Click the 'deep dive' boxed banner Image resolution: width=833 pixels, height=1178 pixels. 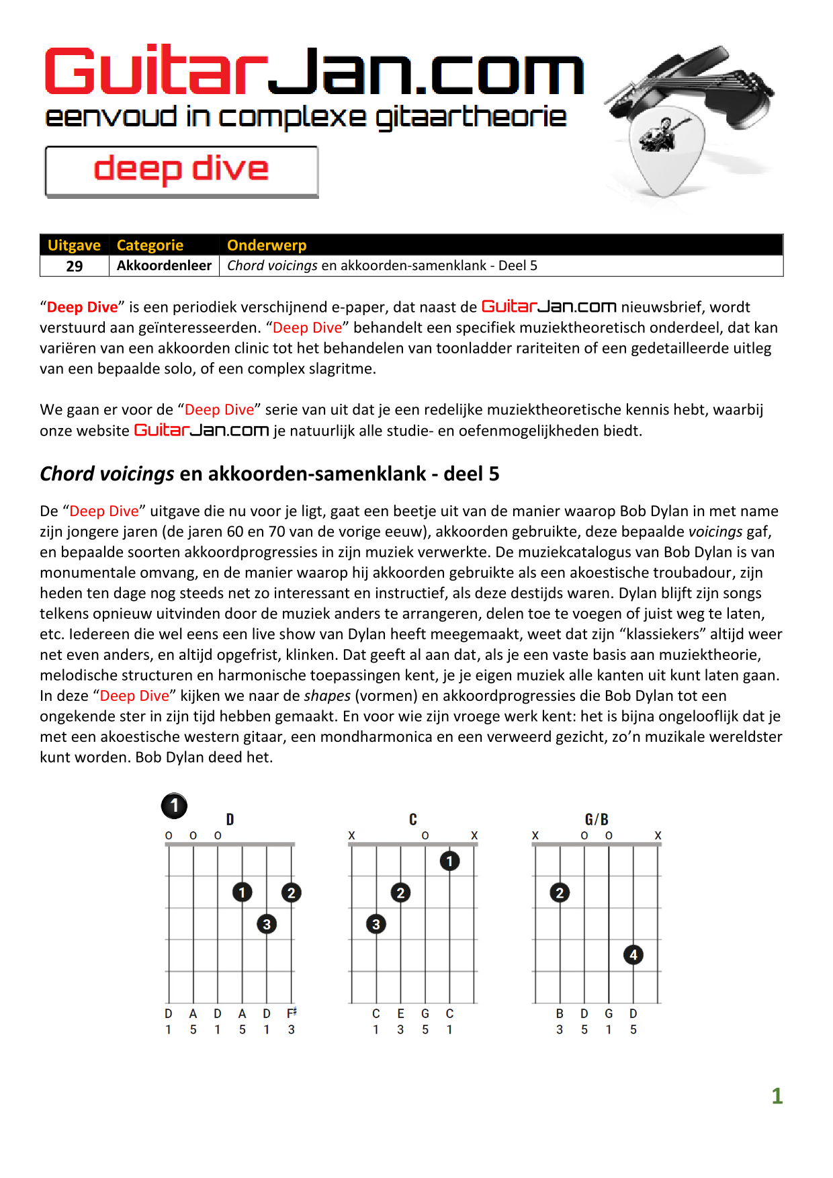click(x=181, y=171)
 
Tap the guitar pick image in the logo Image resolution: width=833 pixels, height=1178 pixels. click(x=665, y=151)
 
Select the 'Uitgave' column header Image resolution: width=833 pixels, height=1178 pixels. click(x=74, y=245)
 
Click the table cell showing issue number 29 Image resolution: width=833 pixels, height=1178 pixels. click(x=75, y=266)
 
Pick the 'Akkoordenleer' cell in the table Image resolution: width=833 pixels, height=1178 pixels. click(x=164, y=265)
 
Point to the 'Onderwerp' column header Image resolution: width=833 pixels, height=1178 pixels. click(x=267, y=245)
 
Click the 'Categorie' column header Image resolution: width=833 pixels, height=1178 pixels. click(x=150, y=245)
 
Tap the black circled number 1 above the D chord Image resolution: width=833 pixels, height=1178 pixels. click(x=174, y=805)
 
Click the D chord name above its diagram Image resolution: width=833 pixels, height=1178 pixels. click(x=230, y=819)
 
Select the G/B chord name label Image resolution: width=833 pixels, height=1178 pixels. click(x=597, y=819)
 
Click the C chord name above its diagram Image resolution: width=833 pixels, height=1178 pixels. click(x=413, y=819)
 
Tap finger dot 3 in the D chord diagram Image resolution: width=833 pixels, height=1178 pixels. click(x=267, y=924)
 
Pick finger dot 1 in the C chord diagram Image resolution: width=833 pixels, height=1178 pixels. click(x=449, y=861)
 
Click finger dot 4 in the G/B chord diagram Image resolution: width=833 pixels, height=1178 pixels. click(x=633, y=955)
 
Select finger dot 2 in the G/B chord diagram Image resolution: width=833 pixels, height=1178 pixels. click(x=560, y=892)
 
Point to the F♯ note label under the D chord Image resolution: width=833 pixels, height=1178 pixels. click(x=292, y=1013)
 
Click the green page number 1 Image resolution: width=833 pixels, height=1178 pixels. click(x=777, y=1096)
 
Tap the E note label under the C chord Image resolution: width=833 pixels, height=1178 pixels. click(x=400, y=1013)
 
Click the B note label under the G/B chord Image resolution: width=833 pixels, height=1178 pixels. click(x=560, y=1013)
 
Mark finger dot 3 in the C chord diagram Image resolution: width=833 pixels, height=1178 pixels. click(x=376, y=924)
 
